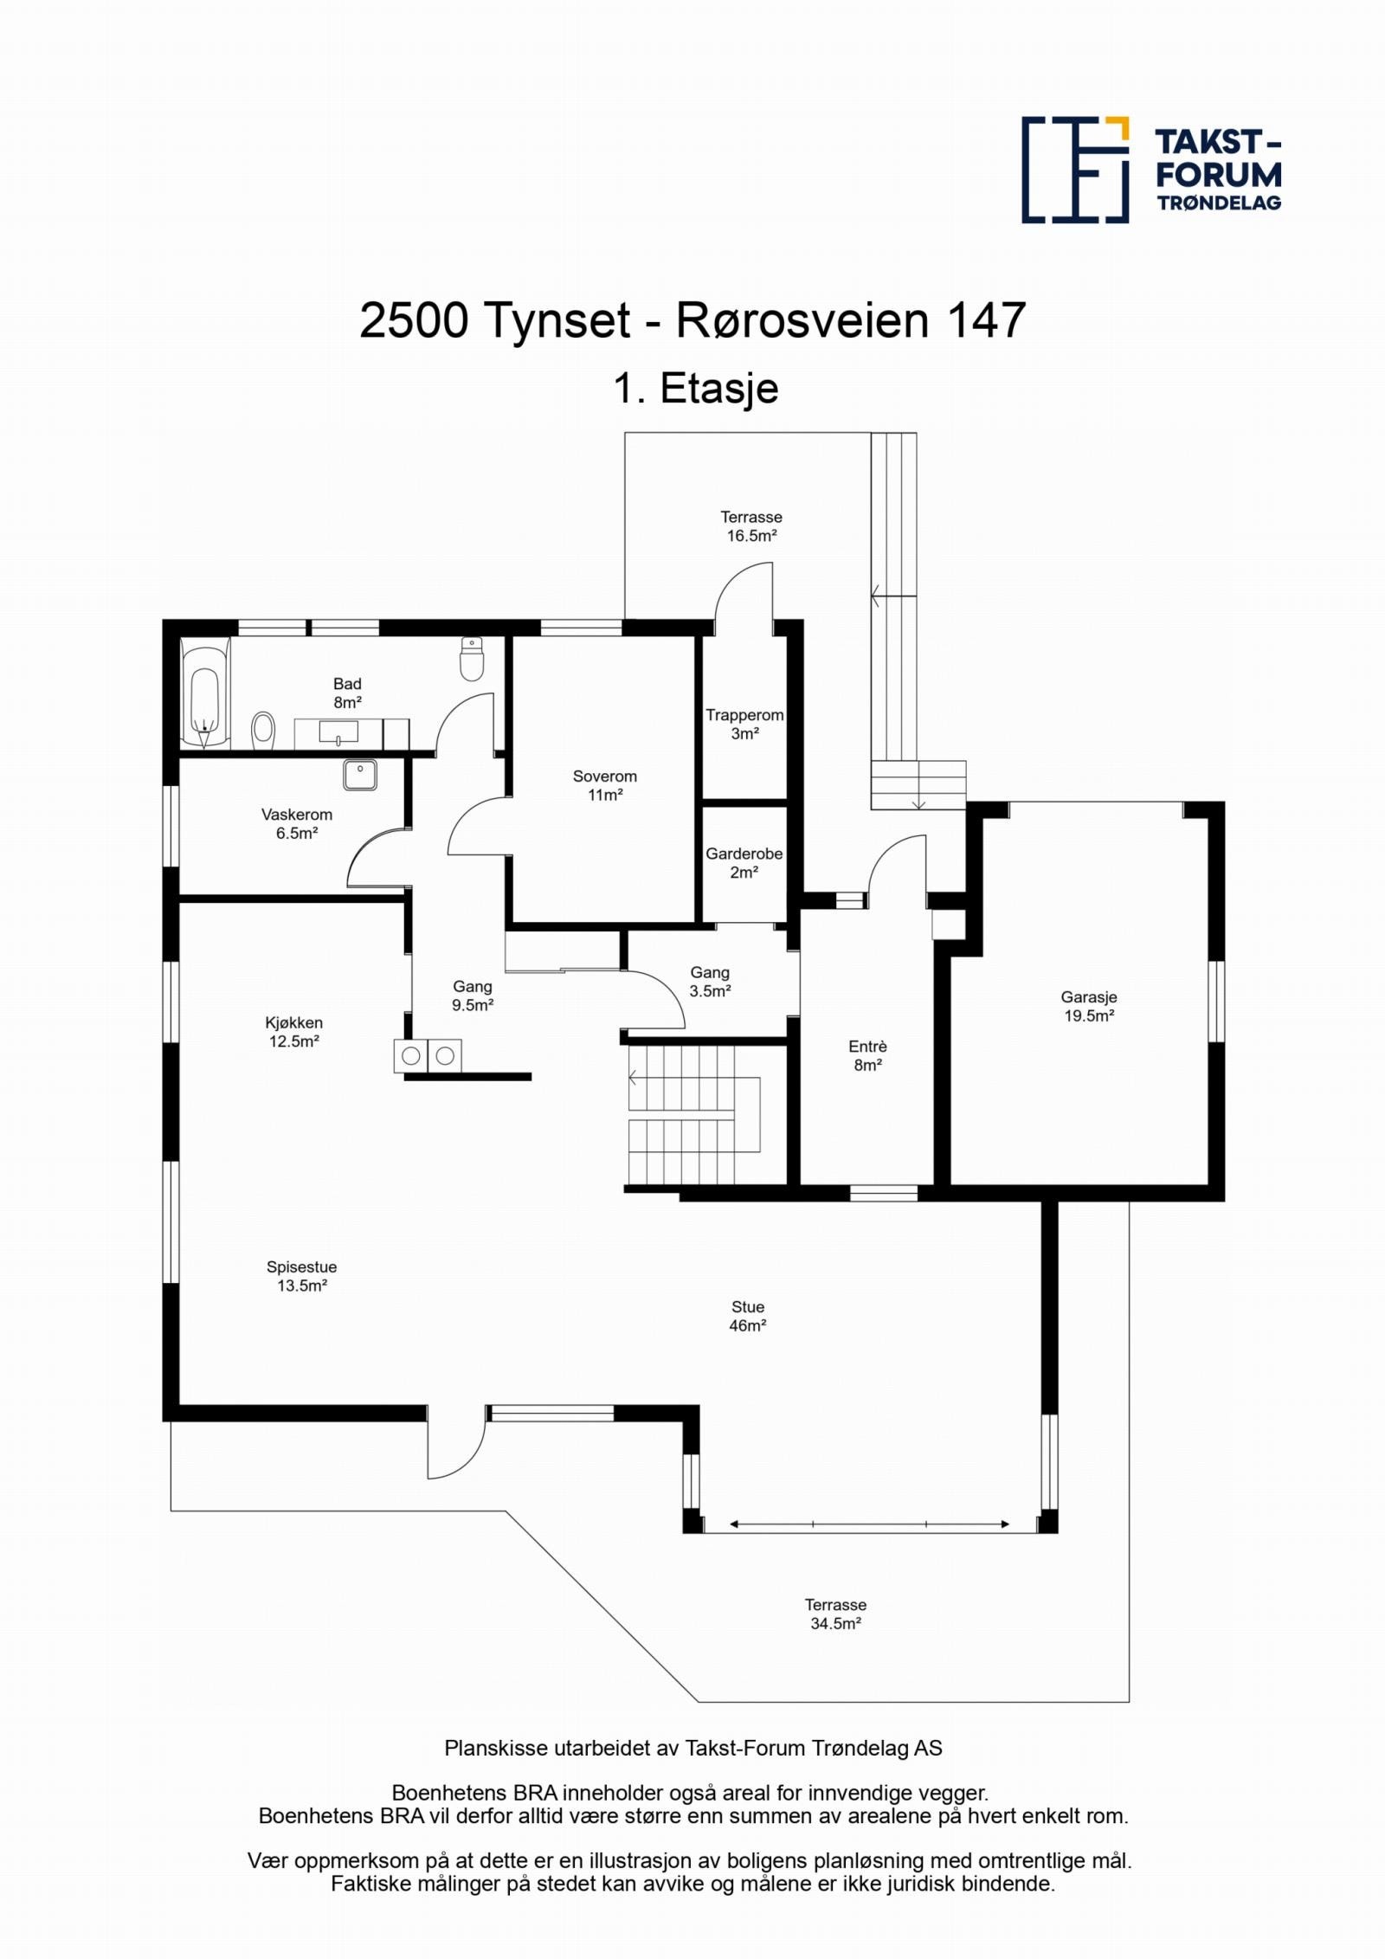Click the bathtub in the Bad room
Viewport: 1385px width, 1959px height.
point(205,694)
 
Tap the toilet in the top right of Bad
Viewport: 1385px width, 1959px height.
point(472,660)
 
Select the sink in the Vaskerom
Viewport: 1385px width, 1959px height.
point(359,774)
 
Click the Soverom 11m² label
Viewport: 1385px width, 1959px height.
point(605,785)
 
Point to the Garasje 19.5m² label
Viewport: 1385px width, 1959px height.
point(1088,1007)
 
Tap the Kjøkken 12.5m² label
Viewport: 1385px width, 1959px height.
point(293,1032)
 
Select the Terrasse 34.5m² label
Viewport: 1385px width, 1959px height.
point(835,1614)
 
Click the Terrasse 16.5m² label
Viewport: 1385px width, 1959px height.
point(751,526)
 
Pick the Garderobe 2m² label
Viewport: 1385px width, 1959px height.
point(744,862)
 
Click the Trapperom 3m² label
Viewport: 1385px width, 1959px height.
point(744,724)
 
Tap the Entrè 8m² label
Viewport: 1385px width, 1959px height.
point(867,1056)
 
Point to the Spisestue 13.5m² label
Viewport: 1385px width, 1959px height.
point(301,1276)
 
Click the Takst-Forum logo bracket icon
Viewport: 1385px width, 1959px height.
point(1075,170)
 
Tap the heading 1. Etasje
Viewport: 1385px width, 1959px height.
point(696,388)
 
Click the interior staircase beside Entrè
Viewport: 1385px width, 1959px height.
point(692,1114)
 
